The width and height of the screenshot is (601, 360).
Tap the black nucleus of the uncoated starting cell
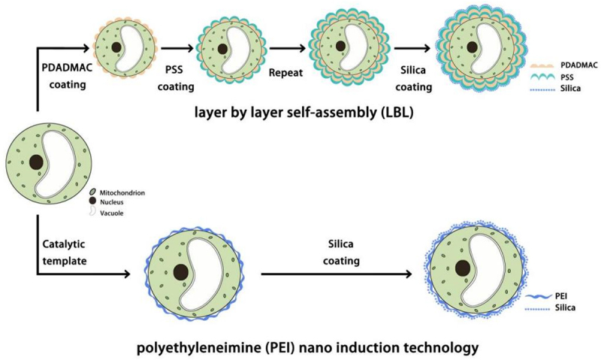35,161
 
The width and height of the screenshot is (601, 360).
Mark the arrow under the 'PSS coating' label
174,50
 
